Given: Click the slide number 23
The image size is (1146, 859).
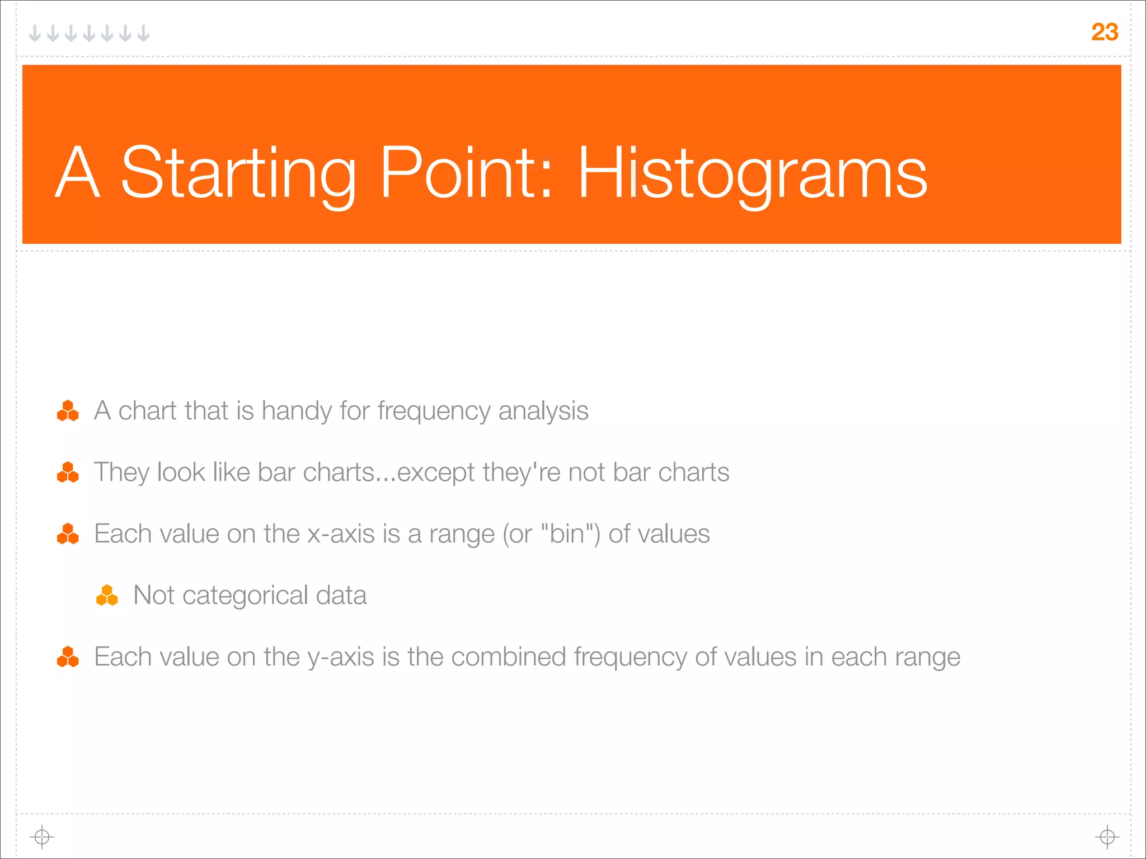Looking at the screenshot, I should (x=1104, y=32).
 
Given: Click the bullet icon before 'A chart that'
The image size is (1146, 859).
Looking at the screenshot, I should (x=68, y=411).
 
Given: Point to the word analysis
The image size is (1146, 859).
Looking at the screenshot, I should (x=543, y=411).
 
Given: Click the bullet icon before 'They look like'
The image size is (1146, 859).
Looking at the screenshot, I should (x=68, y=473).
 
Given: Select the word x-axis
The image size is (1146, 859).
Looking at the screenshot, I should (x=341, y=534).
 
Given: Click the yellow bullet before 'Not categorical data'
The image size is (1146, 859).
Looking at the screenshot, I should (x=107, y=596).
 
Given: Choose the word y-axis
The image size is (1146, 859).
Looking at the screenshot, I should (x=341, y=658).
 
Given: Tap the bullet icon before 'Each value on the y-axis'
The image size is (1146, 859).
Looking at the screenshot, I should (x=68, y=657).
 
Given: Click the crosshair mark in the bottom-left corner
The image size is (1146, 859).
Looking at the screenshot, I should (x=42, y=837).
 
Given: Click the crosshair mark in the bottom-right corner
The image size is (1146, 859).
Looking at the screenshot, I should (x=1107, y=837).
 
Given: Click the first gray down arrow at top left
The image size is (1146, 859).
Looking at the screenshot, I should (x=35, y=34).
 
